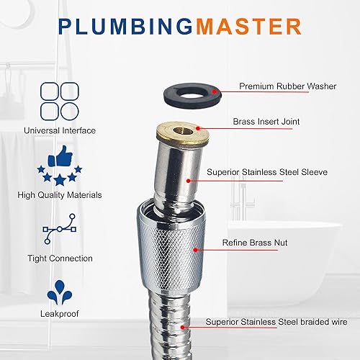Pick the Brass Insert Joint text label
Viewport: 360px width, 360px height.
266,122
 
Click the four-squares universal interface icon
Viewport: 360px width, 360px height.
59,100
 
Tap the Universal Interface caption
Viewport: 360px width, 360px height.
59,130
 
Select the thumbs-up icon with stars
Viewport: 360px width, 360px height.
59,166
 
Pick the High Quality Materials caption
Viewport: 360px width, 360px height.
59,194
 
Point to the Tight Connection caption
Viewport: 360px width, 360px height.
59,258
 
